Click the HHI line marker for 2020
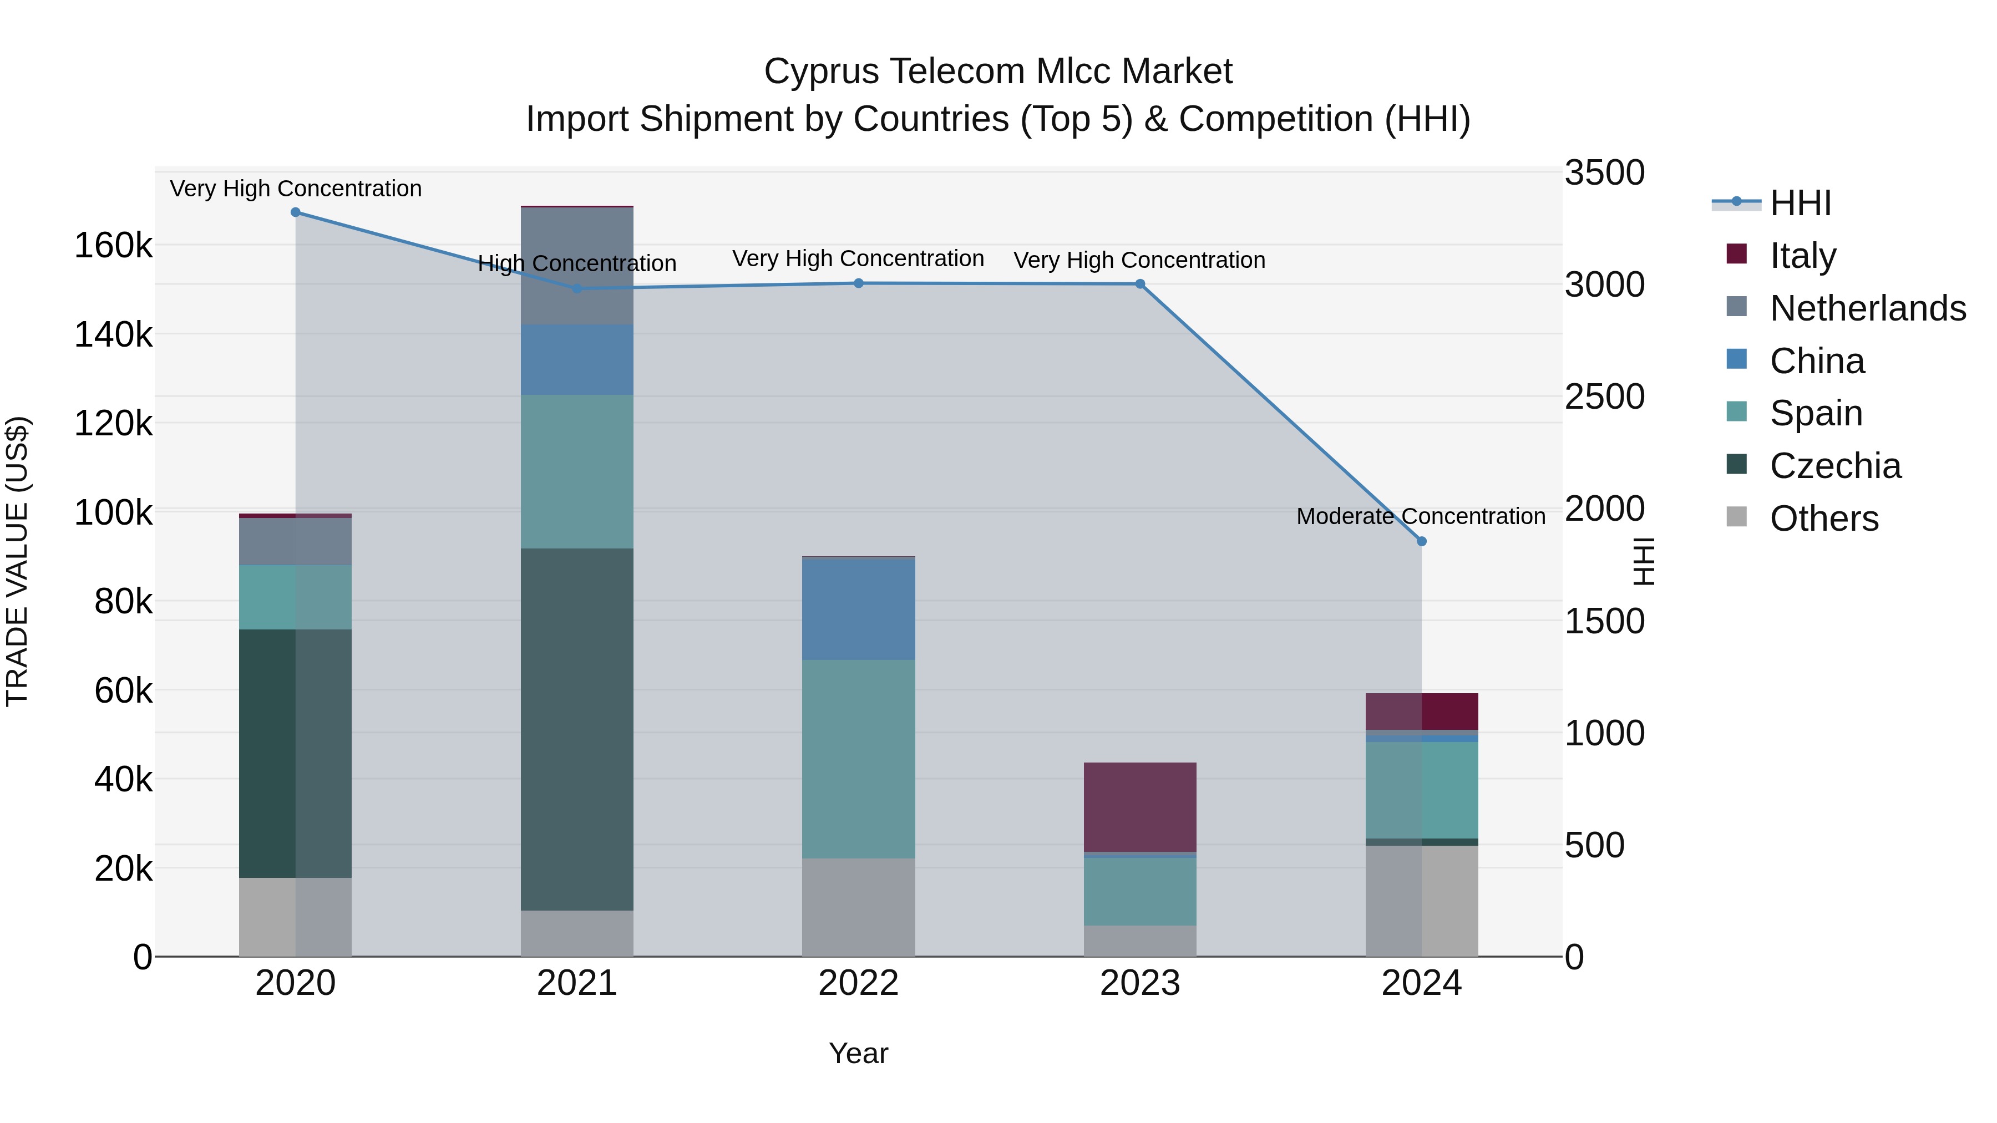pos(295,212)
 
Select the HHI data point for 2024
pos(1422,542)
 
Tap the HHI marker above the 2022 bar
pos(859,283)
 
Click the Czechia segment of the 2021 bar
pos(577,729)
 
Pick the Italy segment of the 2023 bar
pos(1139,807)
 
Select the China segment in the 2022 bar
pos(859,609)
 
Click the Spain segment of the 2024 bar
pos(1422,790)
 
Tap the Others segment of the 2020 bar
pos(295,917)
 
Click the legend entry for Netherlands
pos(1867,308)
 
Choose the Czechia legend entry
pos(1834,466)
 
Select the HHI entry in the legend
pos(1800,203)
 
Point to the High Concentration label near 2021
pos(577,263)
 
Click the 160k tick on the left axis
pos(113,246)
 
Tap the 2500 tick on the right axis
pos(1603,397)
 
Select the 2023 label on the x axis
pos(1139,983)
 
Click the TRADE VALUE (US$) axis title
pos(17,561)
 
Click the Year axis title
pos(858,1053)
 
